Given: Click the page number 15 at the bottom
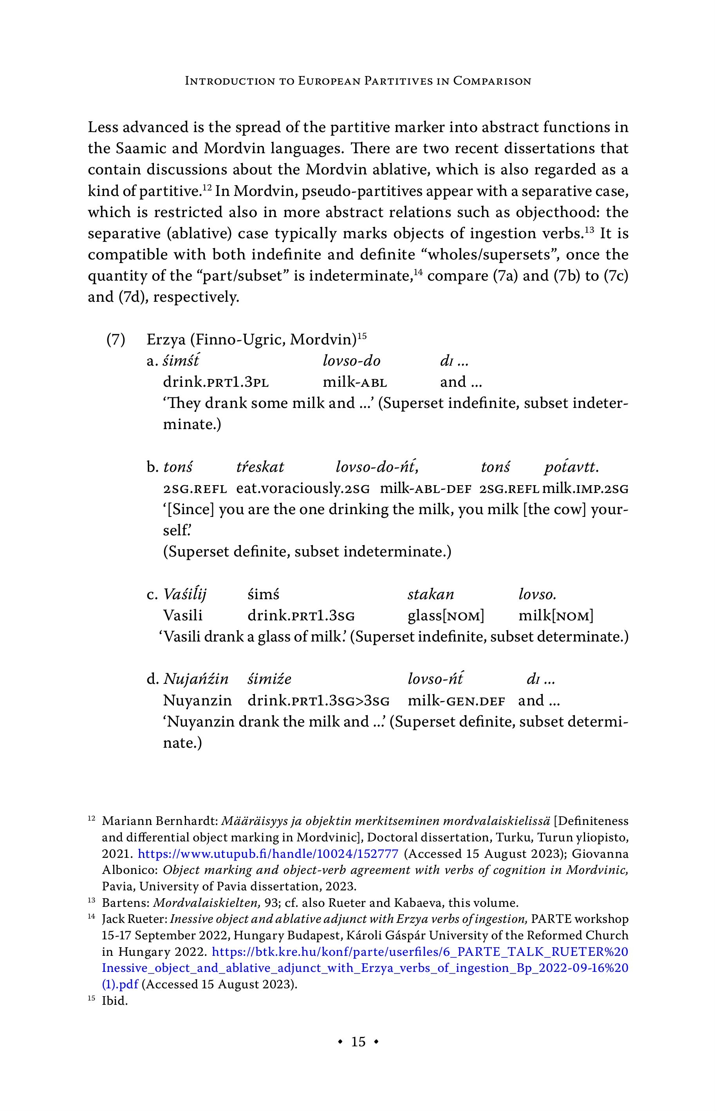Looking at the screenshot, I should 358,1042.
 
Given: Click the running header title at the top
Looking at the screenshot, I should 358,81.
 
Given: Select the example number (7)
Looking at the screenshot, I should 116,340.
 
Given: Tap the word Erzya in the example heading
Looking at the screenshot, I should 166,340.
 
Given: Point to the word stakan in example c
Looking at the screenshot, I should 431,594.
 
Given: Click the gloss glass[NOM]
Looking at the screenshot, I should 446,616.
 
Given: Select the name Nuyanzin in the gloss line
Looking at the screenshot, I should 197,701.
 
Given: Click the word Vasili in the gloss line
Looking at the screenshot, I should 183,616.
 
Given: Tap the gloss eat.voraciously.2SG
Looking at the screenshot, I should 303,489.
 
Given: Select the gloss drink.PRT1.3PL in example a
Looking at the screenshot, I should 216,382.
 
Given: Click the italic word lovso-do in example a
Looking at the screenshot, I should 352,361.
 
